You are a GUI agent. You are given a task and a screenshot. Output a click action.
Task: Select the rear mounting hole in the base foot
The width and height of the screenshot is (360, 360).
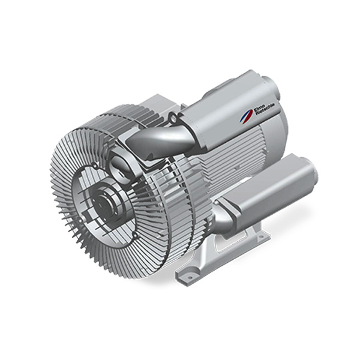[260, 238]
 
